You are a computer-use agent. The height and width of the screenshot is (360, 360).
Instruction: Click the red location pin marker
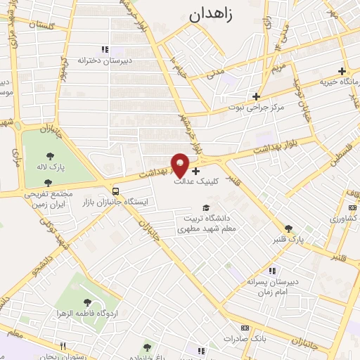pyautogui.click(x=181, y=165)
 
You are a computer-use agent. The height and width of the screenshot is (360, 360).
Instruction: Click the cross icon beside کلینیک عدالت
pyautogui.click(x=195, y=170)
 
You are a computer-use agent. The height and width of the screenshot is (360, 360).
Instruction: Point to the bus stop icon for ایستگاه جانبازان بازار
pyautogui.click(x=115, y=191)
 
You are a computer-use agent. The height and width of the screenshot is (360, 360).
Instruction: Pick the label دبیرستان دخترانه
pyautogui.click(x=105, y=60)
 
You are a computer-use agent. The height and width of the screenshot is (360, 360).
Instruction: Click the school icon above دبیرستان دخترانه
pyautogui.click(x=105, y=49)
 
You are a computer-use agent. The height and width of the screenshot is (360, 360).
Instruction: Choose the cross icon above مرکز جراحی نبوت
pyautogui.click(x=257, y=96)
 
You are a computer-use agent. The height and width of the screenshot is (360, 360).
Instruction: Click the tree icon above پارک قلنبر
pyautogui.click(x=288, y=228)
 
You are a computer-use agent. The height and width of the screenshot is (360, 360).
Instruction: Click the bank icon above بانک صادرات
pyautogui.click(x=245, y=328)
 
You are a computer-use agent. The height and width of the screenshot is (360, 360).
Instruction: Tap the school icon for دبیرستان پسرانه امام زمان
pyautogui.click(x=272, y=271)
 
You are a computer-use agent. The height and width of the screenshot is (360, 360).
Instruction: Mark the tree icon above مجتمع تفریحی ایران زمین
pyautogui.click(x=48, y=182)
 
